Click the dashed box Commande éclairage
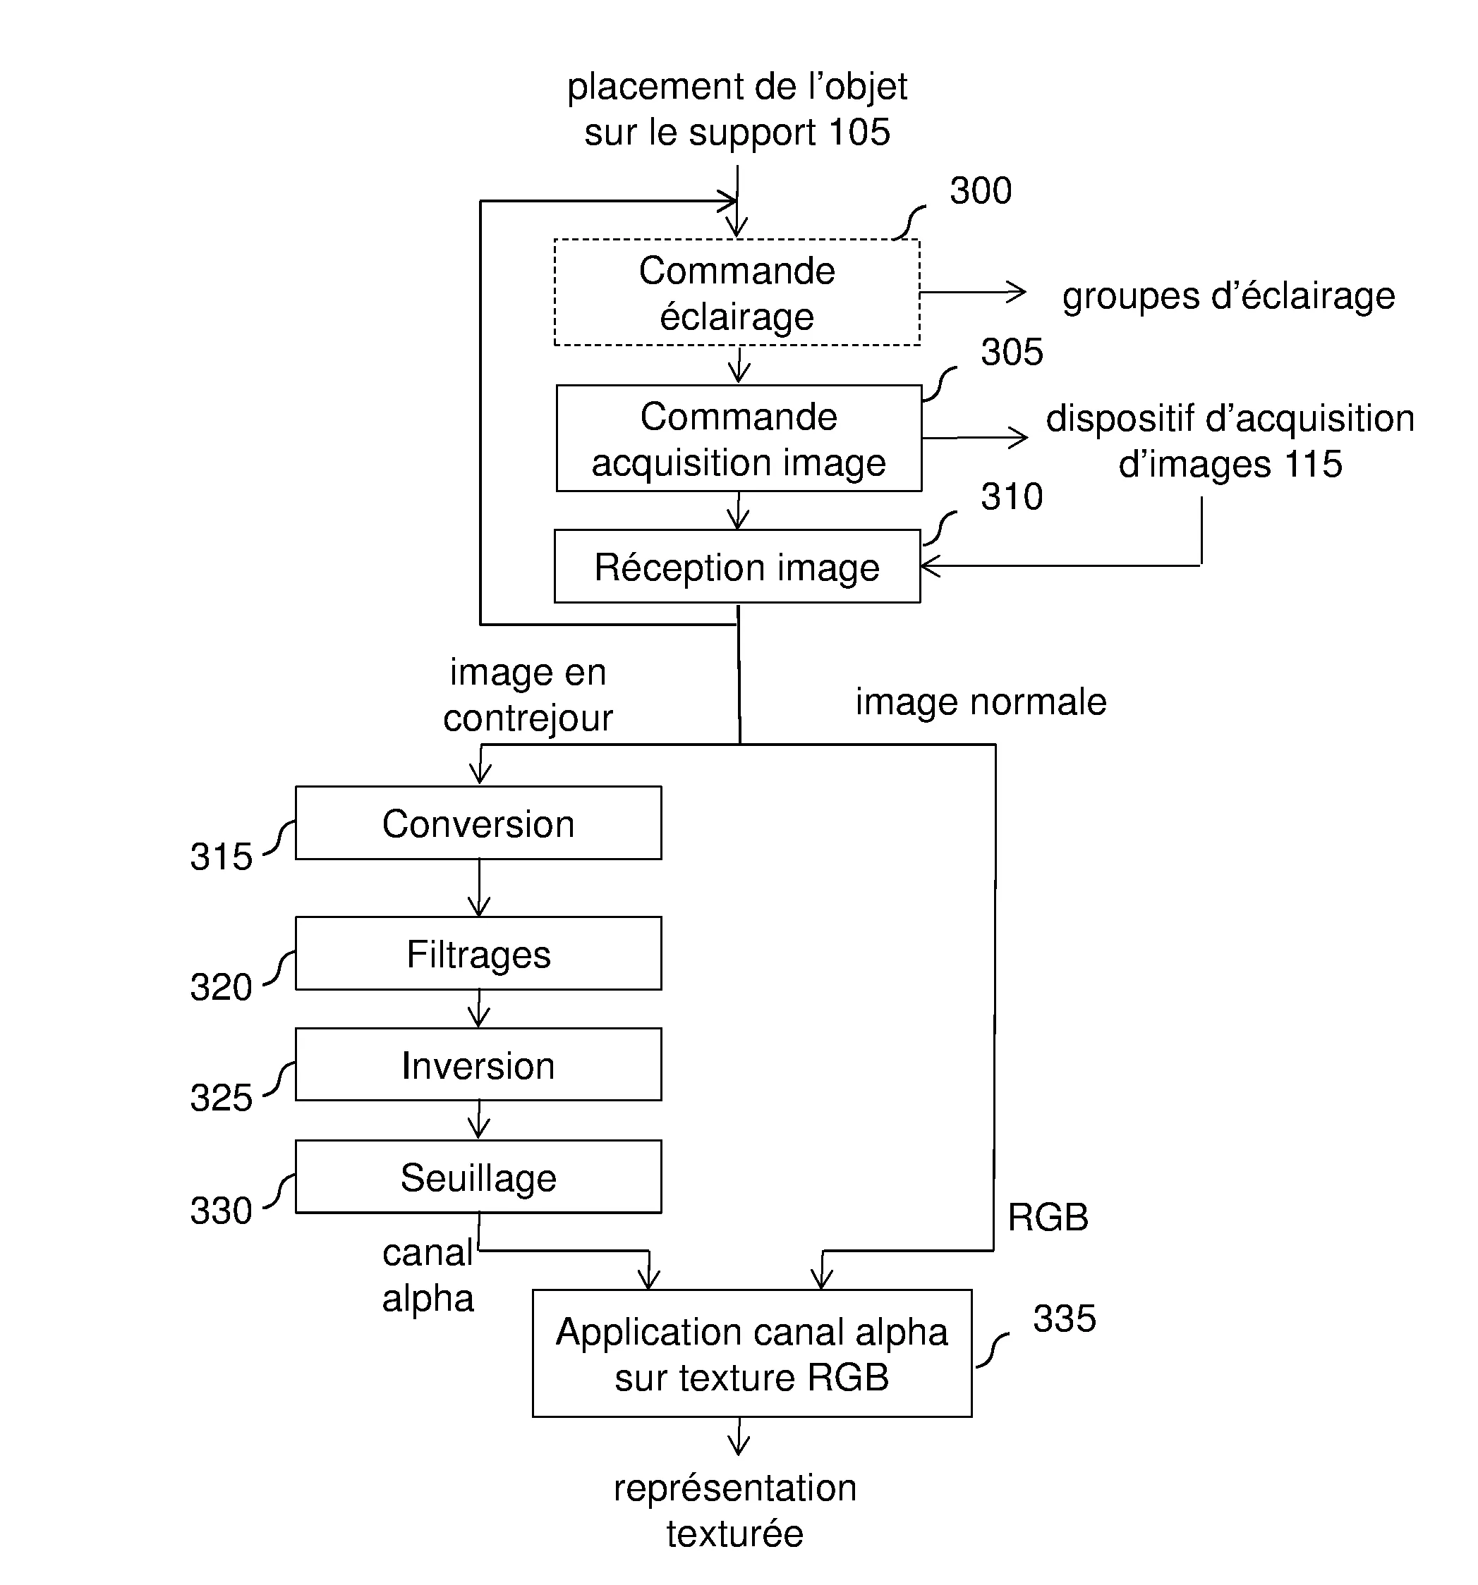[x=737, y=293]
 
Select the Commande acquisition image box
[x=739, y=439]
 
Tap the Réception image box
[x=737, y=567]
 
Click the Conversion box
[x=478, y=824]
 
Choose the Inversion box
[x=478, y=1065]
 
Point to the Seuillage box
[x=478, y=1177]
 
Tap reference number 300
[x=981, y=191]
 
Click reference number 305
[x=1012, y=353]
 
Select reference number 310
[x=1012, y=496]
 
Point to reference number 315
[x=221, y=857]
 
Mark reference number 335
[x=1064, y=1319]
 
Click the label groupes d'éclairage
[x=1228, y=297]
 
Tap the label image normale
[x=981, y=702]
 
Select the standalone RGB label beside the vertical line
[x=1047, y=1218]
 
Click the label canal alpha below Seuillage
[x=428, y=1275]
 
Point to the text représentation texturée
[x=734, y=1511]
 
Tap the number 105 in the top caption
[x=859, y=133]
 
